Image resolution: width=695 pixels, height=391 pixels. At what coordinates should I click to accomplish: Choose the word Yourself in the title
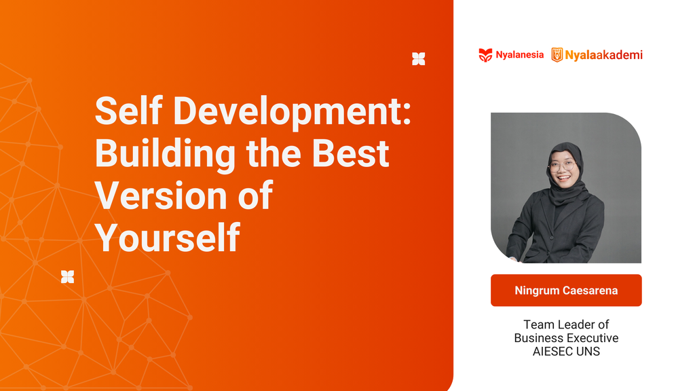[x=167, y=238]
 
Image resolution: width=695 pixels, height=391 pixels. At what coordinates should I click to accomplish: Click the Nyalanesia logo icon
[x=485, y=55]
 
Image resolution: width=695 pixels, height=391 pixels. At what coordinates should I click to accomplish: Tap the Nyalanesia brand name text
[x=520, y=55]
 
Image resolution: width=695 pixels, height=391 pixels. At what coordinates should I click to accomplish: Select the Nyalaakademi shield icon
[x=557, y=55]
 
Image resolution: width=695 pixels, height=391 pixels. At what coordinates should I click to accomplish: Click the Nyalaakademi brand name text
[x=604, y=55]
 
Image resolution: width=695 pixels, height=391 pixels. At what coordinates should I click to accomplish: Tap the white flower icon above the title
[x=419, y=59]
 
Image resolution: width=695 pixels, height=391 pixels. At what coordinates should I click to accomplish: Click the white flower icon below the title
[x=67, y=276]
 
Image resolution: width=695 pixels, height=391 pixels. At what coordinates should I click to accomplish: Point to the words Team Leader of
[x=566, y=324]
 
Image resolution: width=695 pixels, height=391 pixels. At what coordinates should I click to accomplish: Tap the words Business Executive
[x=566, y=338]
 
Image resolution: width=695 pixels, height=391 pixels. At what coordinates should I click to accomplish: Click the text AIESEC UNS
[x=566, y=352]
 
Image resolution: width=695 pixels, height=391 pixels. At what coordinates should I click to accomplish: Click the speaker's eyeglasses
[x=563, y=165]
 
